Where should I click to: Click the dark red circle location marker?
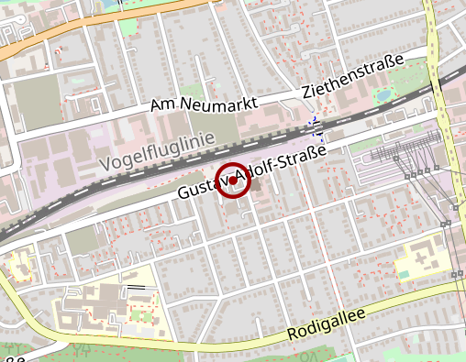point(233,181)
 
